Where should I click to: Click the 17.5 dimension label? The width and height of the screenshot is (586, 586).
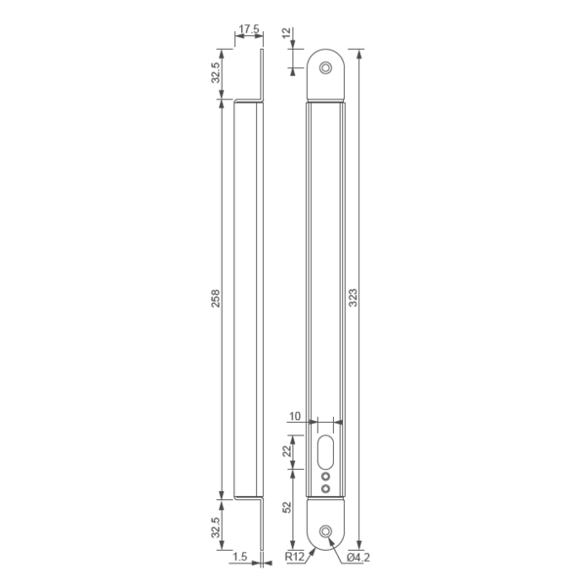249,29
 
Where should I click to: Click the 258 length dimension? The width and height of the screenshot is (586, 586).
217,297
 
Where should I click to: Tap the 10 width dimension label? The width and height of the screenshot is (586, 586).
294,416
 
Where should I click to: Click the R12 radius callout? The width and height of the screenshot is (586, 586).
295,558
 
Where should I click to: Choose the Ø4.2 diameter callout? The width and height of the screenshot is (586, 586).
357,558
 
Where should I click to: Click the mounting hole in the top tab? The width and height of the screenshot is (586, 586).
325,67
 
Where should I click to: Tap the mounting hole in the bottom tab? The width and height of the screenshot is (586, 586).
325,530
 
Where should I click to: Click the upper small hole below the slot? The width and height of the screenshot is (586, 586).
325,476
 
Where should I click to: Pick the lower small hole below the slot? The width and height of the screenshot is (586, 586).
325,487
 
